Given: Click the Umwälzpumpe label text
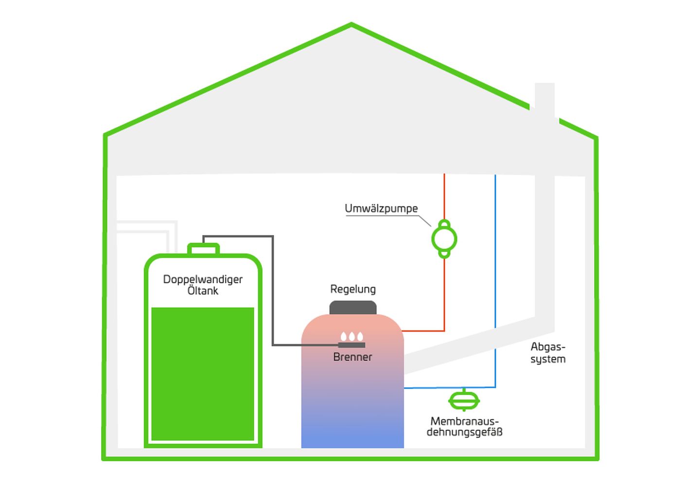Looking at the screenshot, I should tap(381, 209).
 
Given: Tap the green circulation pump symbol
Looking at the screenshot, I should tap(444, 239).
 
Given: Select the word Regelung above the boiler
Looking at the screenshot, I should tap(353, 289).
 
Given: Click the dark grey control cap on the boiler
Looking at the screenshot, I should tap(353, 308).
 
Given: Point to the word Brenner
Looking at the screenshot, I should tap(352, 357).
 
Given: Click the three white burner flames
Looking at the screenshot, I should tap(352, 337).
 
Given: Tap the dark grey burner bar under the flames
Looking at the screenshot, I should tap(351, 345).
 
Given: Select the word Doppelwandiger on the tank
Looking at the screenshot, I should tap(203, 279).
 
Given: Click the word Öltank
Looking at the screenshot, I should tap(203, 291).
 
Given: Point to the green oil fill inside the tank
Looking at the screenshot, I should tap(203, 375).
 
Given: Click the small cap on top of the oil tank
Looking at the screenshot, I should tap(203, 249).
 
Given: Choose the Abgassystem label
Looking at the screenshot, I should tap(548, 353).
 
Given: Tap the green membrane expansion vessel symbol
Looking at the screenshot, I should tap(464, 401).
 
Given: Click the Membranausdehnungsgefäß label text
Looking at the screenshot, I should tap(464, 427).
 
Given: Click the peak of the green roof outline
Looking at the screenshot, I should tap(351, 24).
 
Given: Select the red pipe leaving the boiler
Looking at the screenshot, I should tap(444, 302).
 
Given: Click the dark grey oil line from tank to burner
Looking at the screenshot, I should tap(273, 292).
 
